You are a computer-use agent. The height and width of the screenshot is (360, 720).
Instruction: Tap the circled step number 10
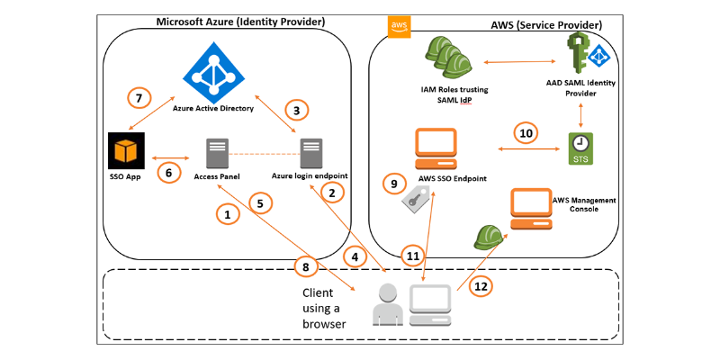point(527,132)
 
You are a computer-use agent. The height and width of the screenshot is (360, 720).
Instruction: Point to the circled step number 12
point(481,286)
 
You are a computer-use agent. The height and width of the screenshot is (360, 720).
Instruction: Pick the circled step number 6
point(168,171)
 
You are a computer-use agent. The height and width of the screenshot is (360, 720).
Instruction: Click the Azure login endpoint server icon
point(311,154)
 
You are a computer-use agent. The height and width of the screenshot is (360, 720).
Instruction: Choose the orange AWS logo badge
point(399,27)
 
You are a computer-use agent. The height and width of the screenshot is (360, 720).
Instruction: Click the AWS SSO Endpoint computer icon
point(434,148)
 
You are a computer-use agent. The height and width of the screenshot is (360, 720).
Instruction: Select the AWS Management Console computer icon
point(531,209)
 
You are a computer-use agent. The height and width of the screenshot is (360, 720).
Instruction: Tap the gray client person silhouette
point(387,303)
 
